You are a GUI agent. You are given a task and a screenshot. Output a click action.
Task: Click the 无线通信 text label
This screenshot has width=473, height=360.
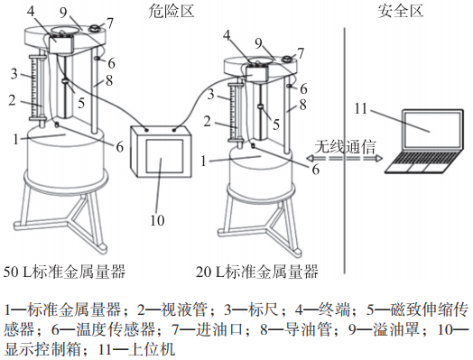(x=346, y=146)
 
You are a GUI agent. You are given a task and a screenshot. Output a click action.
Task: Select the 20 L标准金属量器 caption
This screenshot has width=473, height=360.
(x=257, y=271)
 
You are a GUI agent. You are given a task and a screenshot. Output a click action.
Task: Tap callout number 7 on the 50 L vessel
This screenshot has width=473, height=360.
(x=110, y=21)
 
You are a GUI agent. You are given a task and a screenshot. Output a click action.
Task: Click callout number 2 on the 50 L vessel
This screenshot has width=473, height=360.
(x=13, y=100)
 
